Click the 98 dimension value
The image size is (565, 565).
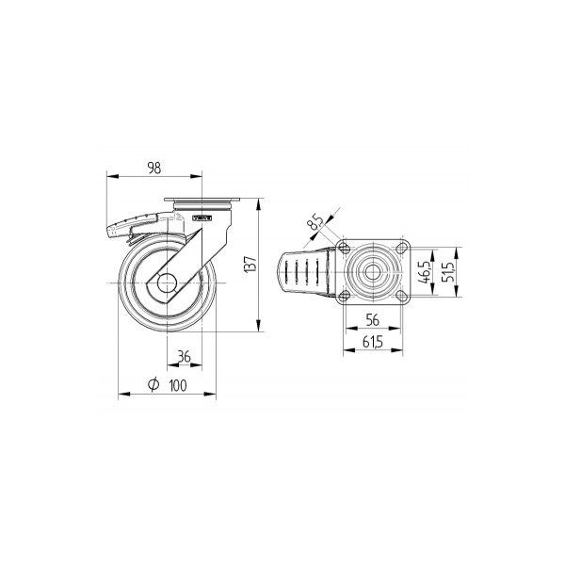point(154,168)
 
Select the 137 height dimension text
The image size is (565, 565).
point(250,264)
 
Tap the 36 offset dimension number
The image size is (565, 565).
point(185,357)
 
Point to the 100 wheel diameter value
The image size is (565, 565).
point(178,385)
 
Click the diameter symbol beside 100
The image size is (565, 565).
point(153,384)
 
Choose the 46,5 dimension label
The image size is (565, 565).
point(426,272)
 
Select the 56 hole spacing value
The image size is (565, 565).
point(373,320)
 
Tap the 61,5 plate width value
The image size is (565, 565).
point(373,342)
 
